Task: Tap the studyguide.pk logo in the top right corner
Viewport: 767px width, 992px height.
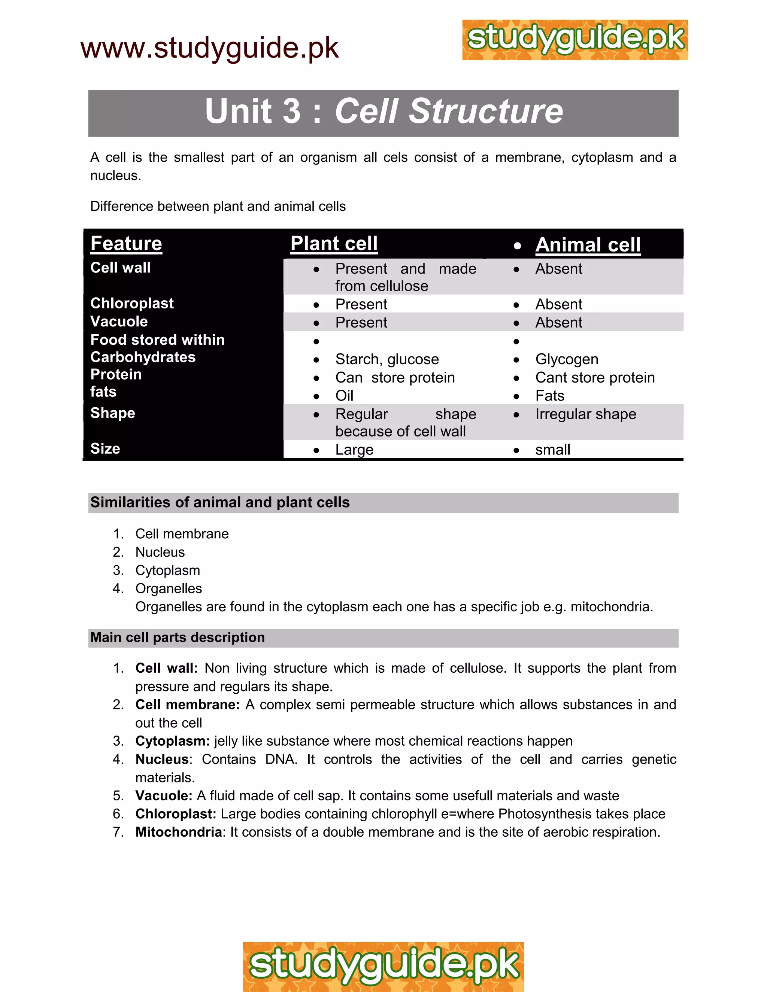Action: click(575, 40)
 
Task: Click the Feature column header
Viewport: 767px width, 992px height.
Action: click(126, 243)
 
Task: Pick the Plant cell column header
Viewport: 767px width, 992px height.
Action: click(334, 243)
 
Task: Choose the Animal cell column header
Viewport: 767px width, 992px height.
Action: click(588, 245)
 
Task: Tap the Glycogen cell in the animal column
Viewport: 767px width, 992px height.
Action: click(567, 359)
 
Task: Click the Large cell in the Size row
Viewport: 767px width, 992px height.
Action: click(354, 450)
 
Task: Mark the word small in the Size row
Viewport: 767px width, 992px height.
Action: click(552, 450)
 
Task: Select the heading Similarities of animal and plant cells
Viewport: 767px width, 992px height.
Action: click(220, 502)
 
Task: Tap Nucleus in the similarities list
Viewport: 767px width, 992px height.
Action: click(160, 552)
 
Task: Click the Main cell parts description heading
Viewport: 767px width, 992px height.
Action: click(177, 638)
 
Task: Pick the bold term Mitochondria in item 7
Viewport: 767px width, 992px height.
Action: click(179, 832)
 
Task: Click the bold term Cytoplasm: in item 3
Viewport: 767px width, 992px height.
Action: click(172, 741)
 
